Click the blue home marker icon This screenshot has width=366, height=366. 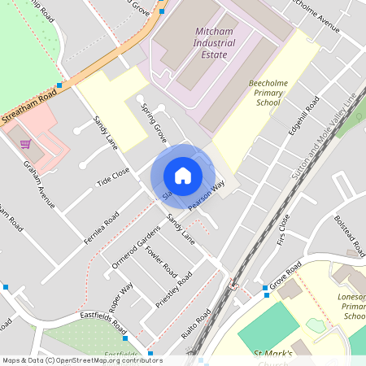click(x=183, y=176)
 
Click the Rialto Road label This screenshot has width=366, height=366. click(x=198, y=324)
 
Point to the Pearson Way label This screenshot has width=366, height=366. click(x=206, y=198)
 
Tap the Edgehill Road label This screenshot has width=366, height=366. click(x=303, y=119)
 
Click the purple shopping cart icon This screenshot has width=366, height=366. click(x=25, y=144)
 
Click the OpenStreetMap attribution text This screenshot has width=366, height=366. click(x=81, y=360)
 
